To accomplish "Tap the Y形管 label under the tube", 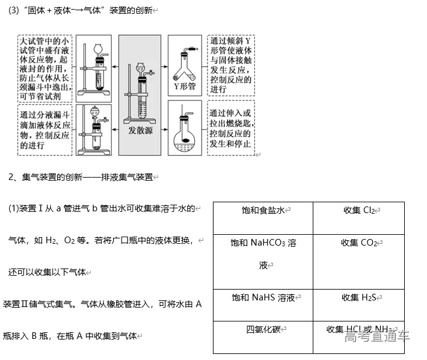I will pyautogui.click(x=185, y=86).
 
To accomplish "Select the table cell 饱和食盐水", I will pyautogui.click(x=263, y=210).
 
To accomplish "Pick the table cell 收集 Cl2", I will pyautogui.click(x=359, y=210).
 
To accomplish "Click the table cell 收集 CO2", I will pyautogui.click(x=359, y=243).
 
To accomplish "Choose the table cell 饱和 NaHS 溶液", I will pyautogui.click(x=263, y=297).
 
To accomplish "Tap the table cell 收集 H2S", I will pyautogui.click(x=359, y=297).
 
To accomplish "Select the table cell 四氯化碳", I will pyautogui.click(x=263, y=329).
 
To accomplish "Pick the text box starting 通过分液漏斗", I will pyautogui.click(x=44, y=130).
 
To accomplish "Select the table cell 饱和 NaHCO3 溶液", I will pyautogui.click(x=263, y=253).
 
